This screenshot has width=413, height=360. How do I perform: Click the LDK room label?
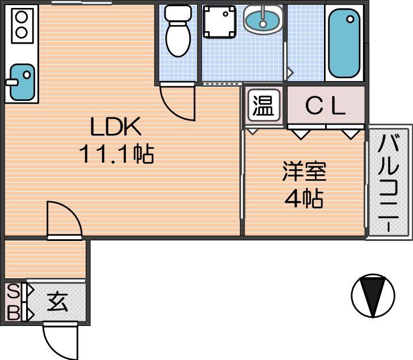pos(116,126)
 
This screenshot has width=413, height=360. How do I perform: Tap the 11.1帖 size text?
pos(116,154)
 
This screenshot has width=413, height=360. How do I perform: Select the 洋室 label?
pos(304,171)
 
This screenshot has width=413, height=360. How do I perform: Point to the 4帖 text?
pos(304,198)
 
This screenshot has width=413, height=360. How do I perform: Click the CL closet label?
pos(325,106)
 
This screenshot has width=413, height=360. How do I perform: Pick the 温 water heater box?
pos(263,105)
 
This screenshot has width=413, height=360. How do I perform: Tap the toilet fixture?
pos(178,31)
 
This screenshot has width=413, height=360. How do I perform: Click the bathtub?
pos(344,43)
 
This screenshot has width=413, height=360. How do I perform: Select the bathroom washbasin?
pos(263,19)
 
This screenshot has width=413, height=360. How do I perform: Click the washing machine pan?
pos(219,22)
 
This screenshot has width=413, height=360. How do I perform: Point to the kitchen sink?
pos(22,82)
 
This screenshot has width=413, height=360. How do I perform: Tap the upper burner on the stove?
pos(22,17)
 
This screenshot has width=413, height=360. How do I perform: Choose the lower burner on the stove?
pos(22,32)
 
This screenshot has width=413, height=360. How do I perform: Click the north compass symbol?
pos(373,295)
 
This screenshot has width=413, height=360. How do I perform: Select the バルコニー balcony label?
pos(388,184)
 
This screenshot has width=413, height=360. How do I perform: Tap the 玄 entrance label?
pos(57,302)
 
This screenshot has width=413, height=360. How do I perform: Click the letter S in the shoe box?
pos(13,291)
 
